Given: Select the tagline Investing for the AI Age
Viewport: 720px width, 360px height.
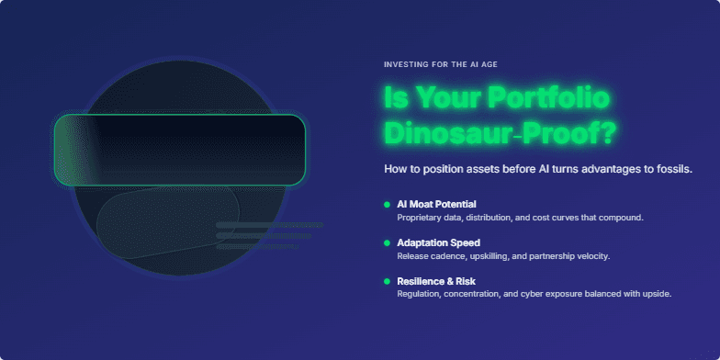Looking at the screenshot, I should [441, 65].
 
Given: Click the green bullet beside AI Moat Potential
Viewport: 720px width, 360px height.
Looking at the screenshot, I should [387, 204].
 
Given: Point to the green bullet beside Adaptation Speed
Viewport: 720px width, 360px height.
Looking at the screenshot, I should [387, 242].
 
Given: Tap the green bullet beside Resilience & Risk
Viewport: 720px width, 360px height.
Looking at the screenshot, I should [387, 280].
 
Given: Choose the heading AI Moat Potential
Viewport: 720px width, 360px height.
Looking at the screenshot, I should [436, 204].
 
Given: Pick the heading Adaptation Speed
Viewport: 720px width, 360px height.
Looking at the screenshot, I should [438, 242].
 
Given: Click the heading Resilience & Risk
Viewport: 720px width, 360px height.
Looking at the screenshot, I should [436, 280].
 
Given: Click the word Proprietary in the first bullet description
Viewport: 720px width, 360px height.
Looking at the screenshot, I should [422, 218].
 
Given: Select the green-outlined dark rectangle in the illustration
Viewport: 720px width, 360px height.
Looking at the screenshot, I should [179, 149].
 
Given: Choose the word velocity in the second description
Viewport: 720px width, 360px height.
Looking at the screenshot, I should [591, 256].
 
